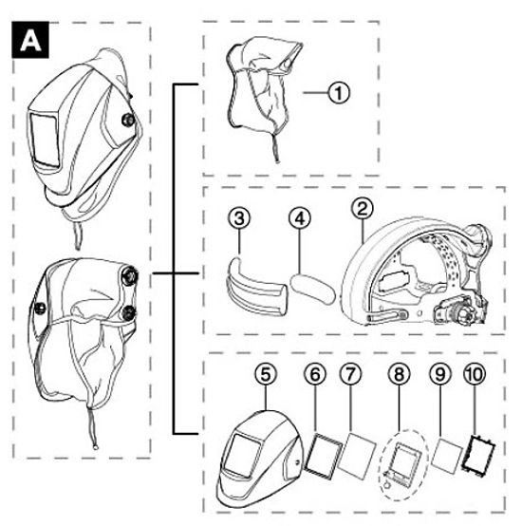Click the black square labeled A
pyautogui.click(x=30, y=40)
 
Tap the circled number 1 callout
pyautogui.click(x=339, y=93)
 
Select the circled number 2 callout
pyautogui.click(x=363, y=208)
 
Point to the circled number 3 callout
pyautogui.click(x=239, y=218)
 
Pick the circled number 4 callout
pyautogui.click(x=300, y=218)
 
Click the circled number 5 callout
pyautogui.click(x=266, y=374)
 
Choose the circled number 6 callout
pyautogui.click(x=315, y=374)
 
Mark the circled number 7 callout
pyautogui.click(x=350, y=374)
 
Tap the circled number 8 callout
pyautogui.click(x=399, y=374)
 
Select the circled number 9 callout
pyautogui.click(x=440, y=374)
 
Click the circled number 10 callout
pyautogui.click(x=475, y=374)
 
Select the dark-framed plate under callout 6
pyautogui.click(x=323, y=455)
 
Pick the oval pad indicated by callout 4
pyautogui.click(x=312, y=289)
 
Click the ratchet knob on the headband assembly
pyautogui.click(x=462, y=312)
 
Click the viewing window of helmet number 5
pyautogui.click(x=241, y=455)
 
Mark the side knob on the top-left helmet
pyautogui.click(x=128, y=120)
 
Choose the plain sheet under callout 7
pyautogui.click(x=357, y=455)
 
